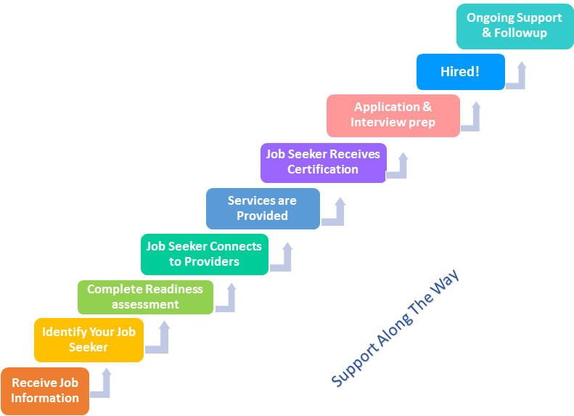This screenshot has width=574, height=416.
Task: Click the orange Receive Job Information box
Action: [45, 391]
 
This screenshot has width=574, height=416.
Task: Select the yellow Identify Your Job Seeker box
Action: [89, 340]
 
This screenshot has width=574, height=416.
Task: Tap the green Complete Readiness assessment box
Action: [145, 297]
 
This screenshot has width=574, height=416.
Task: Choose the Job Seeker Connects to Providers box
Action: [204, 254]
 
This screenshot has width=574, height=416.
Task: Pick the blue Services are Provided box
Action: [263, 208]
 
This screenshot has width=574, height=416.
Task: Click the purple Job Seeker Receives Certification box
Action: [323, 162]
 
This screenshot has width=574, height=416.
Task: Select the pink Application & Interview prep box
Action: [393, 115]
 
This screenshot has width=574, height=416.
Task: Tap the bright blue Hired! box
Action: [460, 72]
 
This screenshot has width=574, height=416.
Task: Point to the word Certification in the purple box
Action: [323, 169]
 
